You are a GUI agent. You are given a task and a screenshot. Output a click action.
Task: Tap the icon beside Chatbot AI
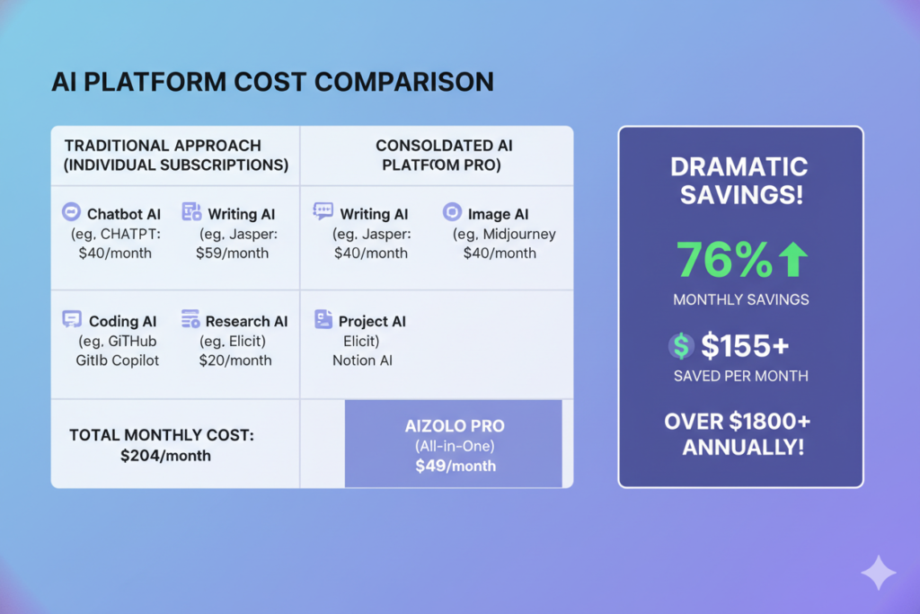[71, 213]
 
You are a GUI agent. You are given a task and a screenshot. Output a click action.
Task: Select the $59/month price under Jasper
[232, 253]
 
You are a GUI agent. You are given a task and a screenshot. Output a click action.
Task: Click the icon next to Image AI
[452, 213]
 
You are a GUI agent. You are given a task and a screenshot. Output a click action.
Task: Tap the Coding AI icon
[72, 320]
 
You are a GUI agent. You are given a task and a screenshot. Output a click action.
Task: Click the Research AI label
[246, 321]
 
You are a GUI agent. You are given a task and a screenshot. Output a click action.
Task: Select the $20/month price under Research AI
[234, 360]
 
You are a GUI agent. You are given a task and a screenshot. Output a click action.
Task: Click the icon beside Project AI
[323, 320]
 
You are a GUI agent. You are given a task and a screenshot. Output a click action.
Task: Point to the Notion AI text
[362, 360]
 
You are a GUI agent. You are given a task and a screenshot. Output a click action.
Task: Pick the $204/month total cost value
[165, 456]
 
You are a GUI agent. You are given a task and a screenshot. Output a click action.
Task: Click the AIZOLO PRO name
[455, 425]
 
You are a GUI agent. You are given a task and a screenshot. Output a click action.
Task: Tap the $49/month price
[455, 466]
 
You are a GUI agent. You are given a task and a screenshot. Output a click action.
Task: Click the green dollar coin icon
[681, 344]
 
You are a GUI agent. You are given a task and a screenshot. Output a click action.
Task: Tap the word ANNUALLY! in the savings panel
[741, 447]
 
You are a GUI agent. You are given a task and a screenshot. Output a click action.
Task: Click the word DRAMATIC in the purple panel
[741, 167]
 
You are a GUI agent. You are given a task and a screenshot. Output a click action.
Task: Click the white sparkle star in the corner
[877, 573]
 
